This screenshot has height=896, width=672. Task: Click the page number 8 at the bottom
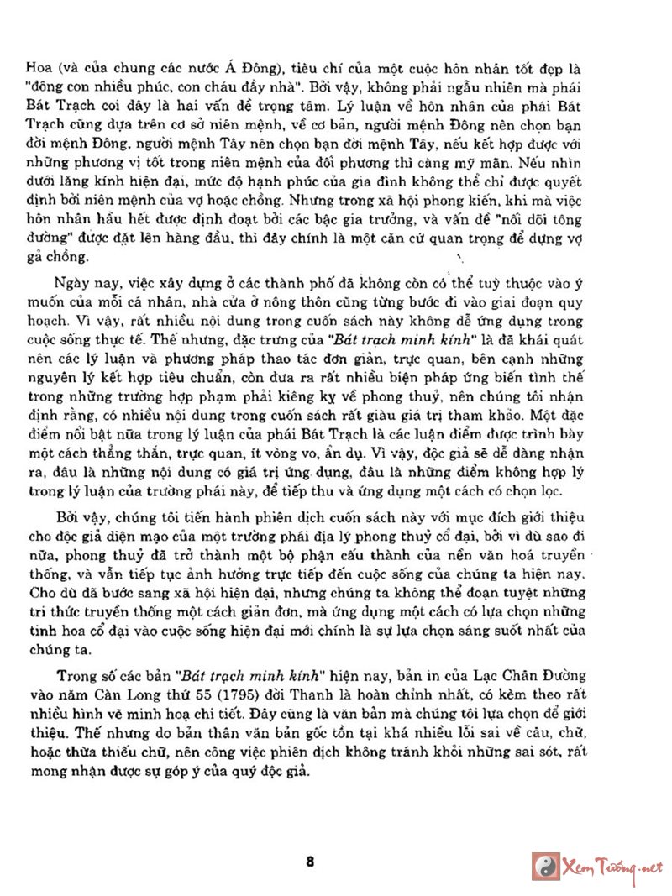point(311,862)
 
